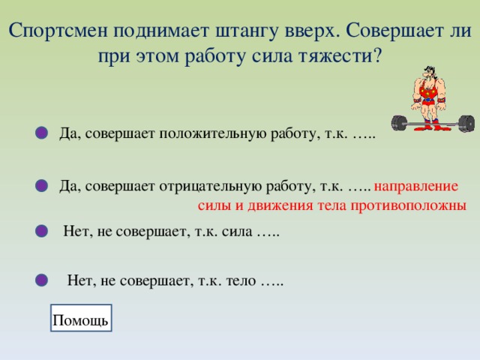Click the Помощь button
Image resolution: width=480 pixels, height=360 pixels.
[x=81, y=320]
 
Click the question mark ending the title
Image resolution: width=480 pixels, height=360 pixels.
[x=377, y=56]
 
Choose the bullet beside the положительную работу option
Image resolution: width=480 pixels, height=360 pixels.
[x=42, y=133]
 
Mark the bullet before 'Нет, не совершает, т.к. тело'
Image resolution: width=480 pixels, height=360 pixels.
[x=42, y=280]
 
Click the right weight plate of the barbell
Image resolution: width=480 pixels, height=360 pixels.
[x=466, y=121]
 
